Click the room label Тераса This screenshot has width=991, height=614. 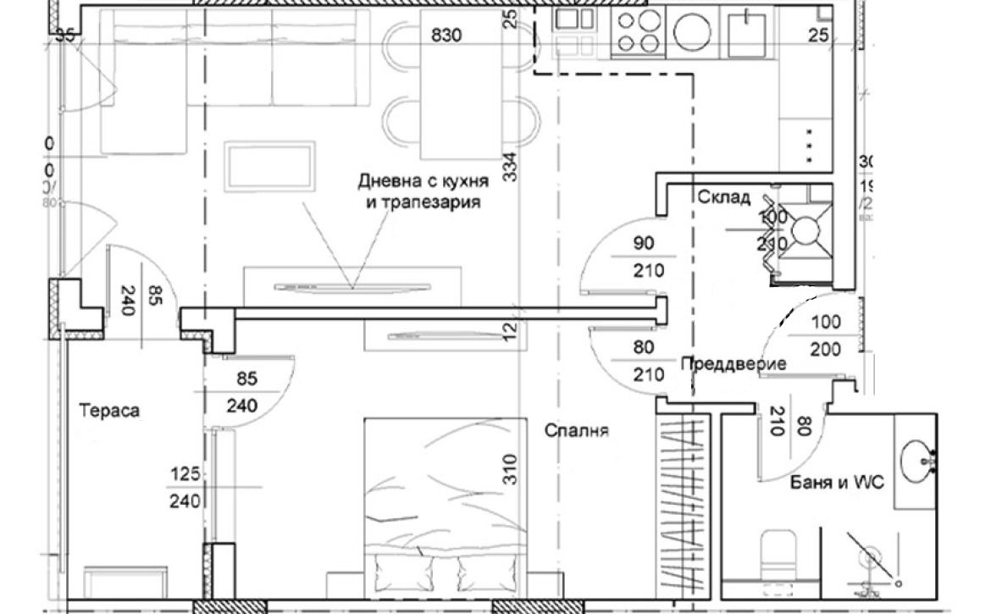tap(109, 411)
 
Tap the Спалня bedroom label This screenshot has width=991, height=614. tap(578, 430)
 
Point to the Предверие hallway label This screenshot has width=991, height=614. tap(733, 363)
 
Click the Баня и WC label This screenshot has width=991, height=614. tap(837, 483)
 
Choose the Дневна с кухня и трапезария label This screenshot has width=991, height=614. tap(419, 191)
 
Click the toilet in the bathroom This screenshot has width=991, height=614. tap(777, 555)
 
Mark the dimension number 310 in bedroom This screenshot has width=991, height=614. tap(509, 468)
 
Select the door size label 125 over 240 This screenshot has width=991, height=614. tap(184, 490)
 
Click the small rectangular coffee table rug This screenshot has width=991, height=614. tap(270, 166)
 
